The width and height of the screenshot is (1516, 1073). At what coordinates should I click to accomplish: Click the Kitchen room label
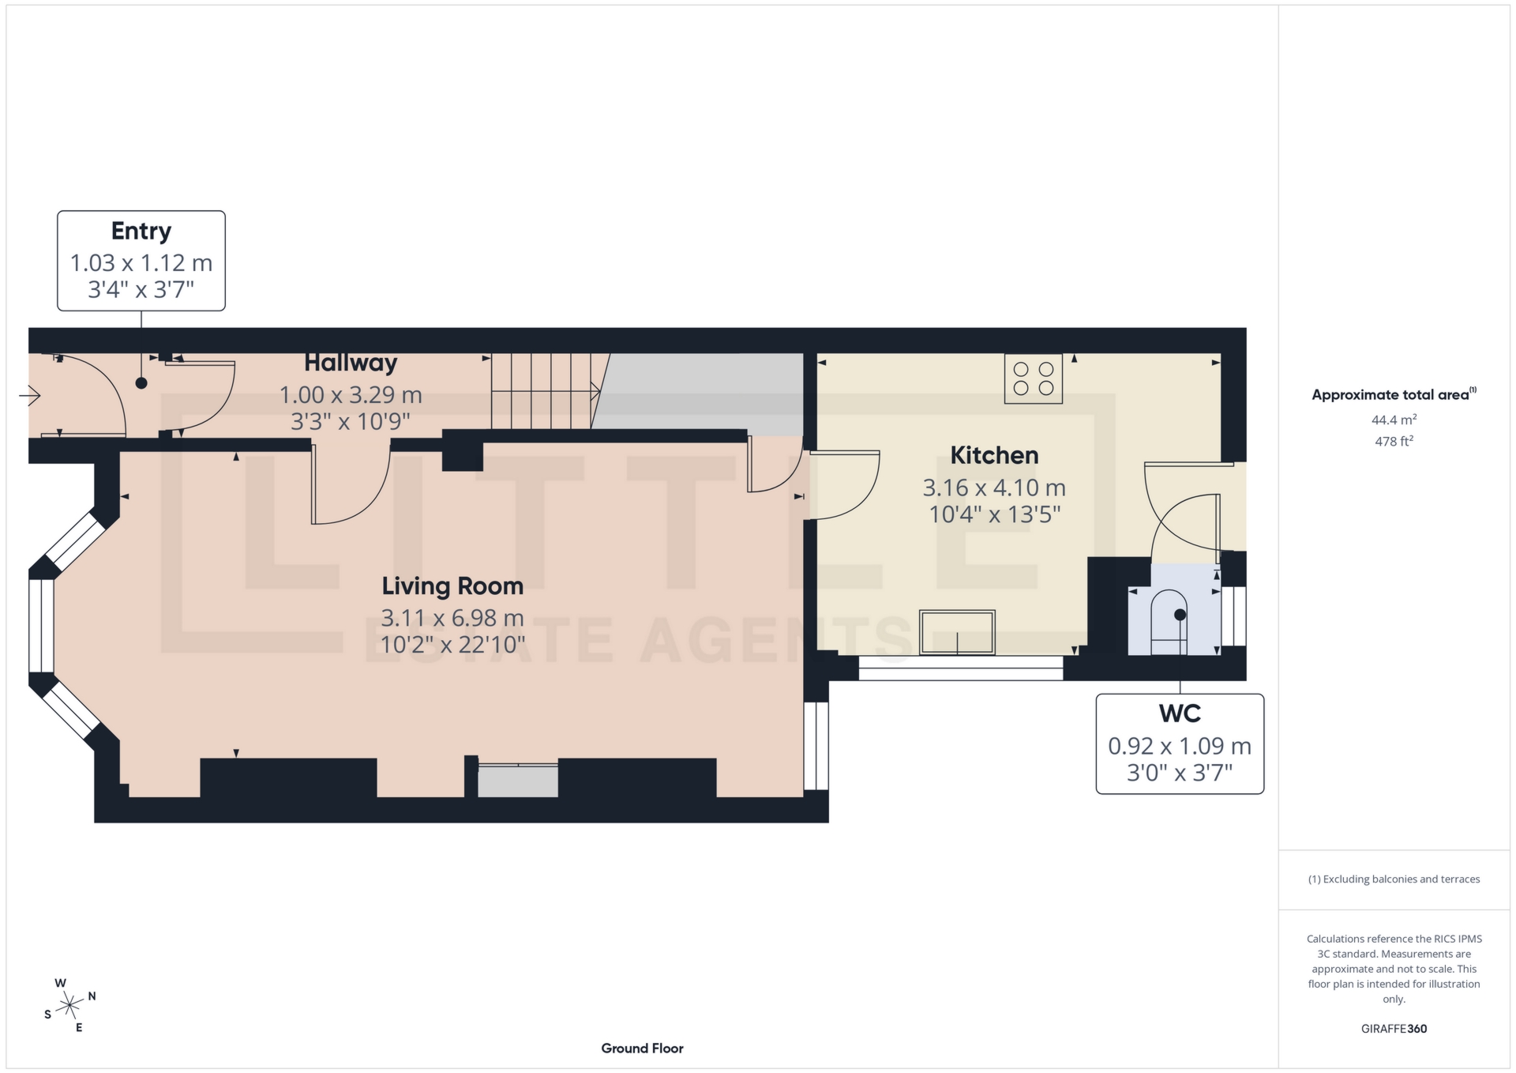click(x=994, y=455)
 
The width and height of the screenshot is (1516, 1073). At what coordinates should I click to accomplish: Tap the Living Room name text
click(x=452, y=586)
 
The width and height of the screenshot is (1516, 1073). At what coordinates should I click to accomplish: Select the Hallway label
click(x=351, y=363)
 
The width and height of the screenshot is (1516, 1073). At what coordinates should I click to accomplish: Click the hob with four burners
click(x=1033, y=378)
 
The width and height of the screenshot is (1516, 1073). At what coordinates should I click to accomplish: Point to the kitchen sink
click(x=956, y=631)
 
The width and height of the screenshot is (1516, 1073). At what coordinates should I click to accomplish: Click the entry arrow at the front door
click(x=30, y=394)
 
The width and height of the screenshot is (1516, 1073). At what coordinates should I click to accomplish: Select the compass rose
click(x=70, y=1006)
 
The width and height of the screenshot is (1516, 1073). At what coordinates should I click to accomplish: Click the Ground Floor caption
click(x=642, y=1049)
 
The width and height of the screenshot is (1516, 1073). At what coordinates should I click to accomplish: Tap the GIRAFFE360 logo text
click(x=1394, y=1029)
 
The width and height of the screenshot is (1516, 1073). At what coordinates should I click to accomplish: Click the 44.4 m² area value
click(x=1394, y=420)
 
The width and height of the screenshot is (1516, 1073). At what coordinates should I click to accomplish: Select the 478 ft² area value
click(x=1394, y=442)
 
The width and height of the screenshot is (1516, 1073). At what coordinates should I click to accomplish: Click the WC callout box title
click(x=1180, y=713)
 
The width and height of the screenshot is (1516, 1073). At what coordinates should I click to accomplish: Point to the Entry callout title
click(x=141, y=231)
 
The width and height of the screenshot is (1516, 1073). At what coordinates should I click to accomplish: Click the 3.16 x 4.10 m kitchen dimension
click(x=994, y=488)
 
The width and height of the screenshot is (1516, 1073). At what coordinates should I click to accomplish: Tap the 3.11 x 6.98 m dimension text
click(x=452, y=618)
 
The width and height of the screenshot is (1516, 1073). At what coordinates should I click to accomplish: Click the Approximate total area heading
click(x=1392, y=394)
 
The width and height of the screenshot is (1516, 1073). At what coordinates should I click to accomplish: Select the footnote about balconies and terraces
click(x=1394, y=879)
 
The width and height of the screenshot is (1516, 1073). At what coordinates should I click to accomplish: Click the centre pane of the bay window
click(x=41, y=626)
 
